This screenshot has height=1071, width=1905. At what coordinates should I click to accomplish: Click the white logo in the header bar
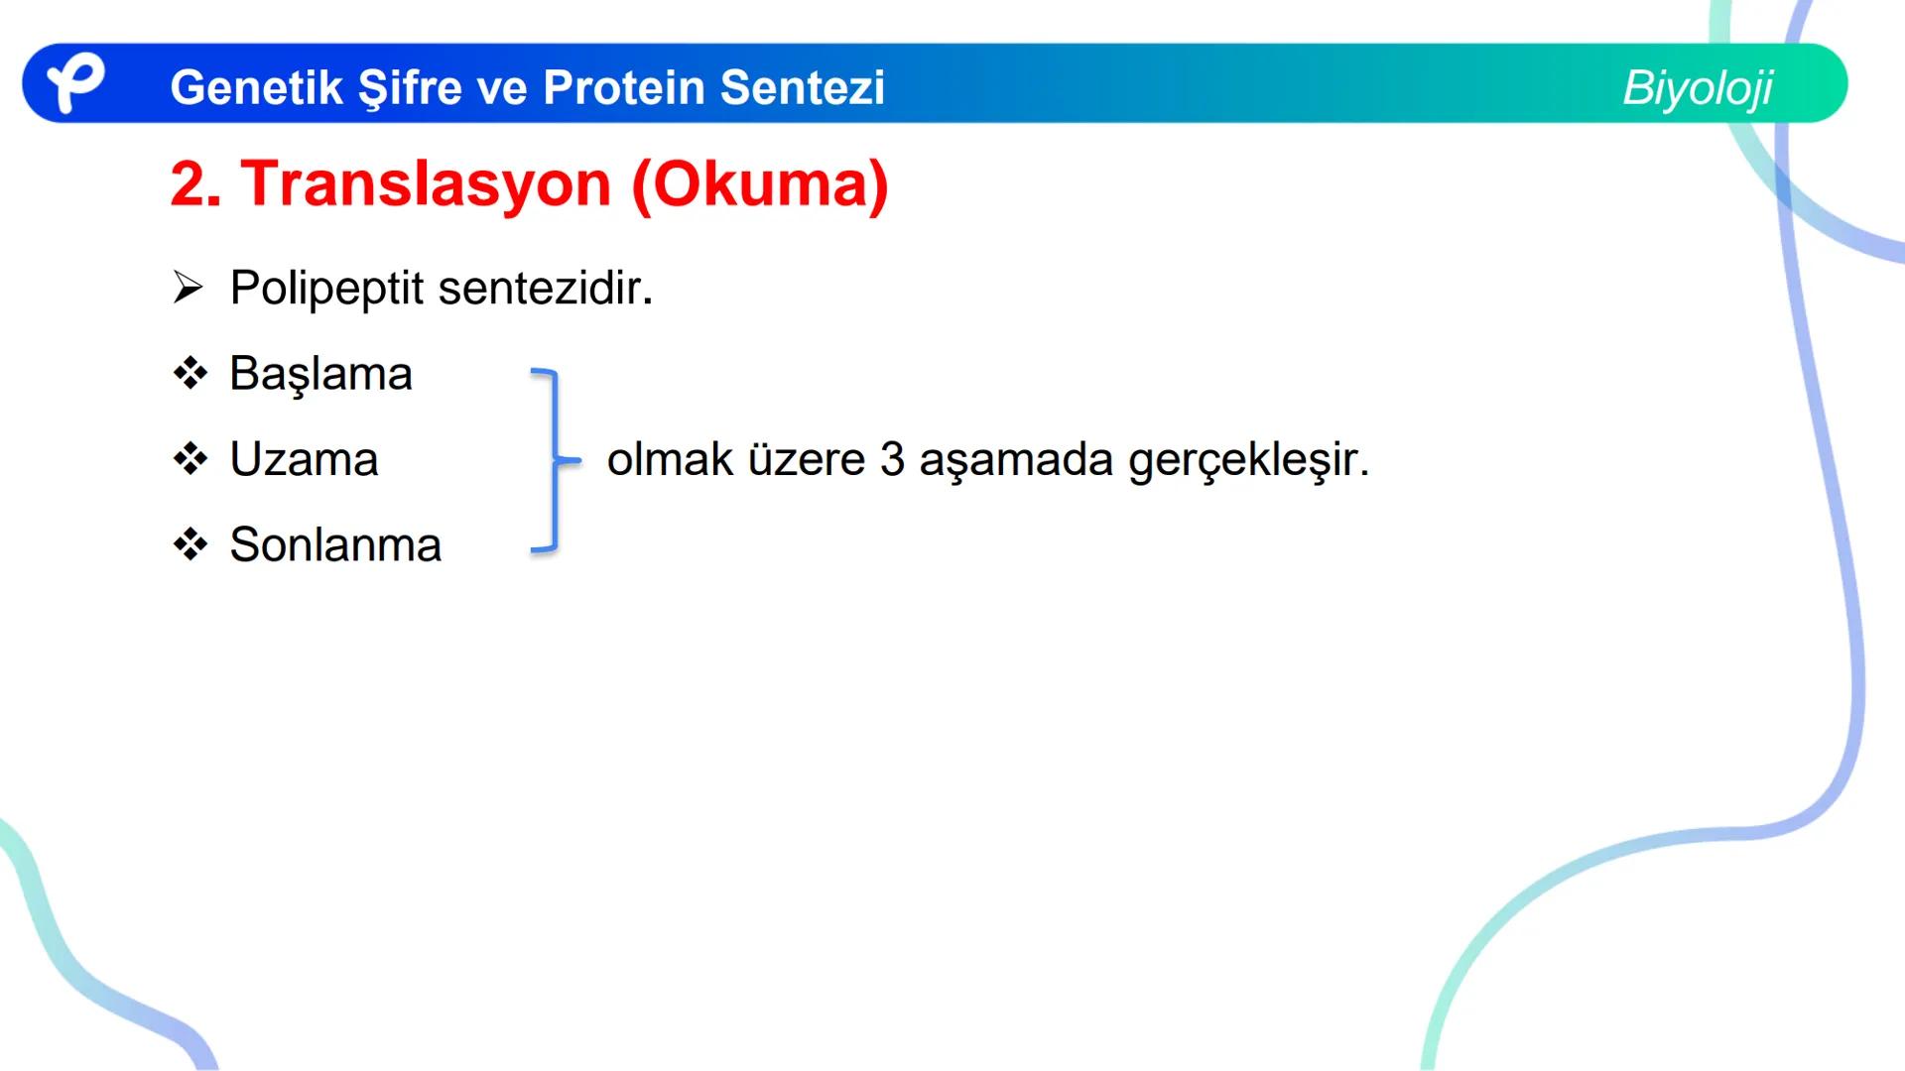click(x=75, y=82)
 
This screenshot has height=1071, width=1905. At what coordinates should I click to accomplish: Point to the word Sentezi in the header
click(x=803, y=87)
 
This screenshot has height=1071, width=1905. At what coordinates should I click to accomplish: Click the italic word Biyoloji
click(x=1698, y=88)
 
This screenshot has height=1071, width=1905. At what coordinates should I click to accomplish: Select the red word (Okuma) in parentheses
click(x=760, y=184)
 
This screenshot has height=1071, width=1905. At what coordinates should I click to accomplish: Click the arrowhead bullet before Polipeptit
click(x=188, y=288)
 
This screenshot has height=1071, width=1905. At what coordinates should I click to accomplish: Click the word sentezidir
click(x=545, y=289)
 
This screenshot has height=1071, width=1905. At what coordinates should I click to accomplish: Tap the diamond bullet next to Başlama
click(x=190, y=374)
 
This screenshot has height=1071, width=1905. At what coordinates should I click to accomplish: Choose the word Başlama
click(x=320, y=375)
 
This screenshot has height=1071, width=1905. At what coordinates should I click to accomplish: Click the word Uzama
click(x=304, y=460)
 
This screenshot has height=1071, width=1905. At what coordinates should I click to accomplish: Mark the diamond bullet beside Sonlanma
click(x=190, y=544)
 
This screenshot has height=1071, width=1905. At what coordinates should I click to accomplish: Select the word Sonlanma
click(x=335, y=545)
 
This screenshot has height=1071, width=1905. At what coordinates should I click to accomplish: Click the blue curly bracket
click(x=553, y=460)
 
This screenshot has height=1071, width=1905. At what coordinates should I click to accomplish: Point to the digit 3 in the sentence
click(x=892, y=460)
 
